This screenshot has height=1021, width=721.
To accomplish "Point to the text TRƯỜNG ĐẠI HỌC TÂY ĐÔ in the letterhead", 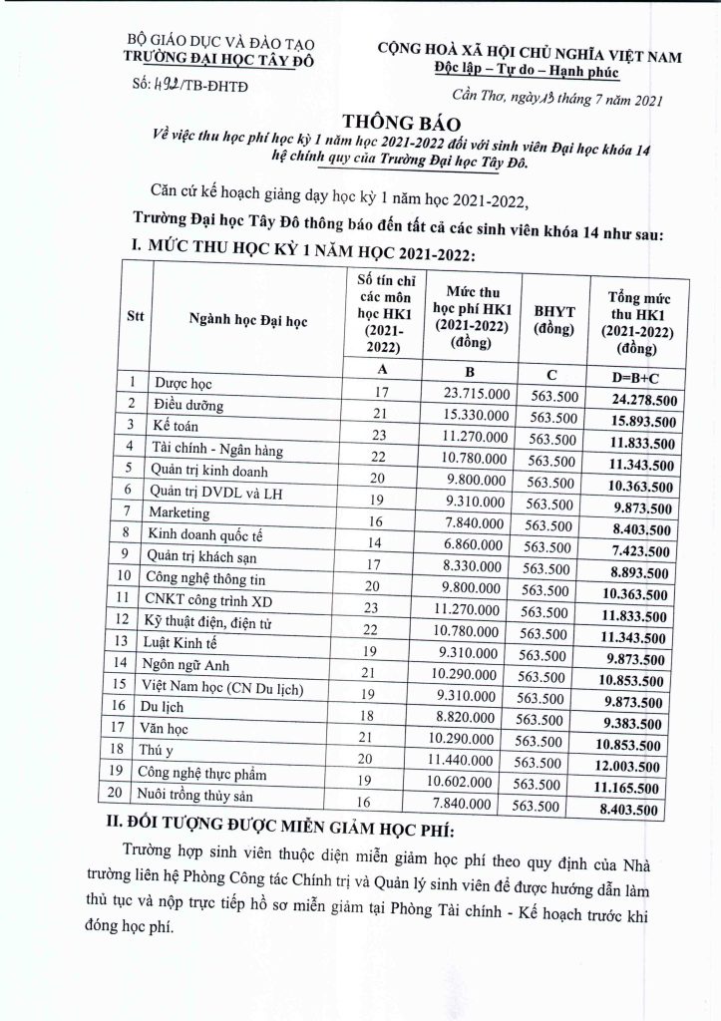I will tap(189, 58).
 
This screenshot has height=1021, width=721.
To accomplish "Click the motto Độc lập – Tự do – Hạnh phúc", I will tap(527, 69).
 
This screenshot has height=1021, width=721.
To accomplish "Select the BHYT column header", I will tap(553, 318).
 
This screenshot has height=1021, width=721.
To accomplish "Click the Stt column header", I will tap(135, 318).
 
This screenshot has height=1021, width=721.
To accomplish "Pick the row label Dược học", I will tap(185, 382).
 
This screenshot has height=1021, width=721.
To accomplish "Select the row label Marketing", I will tap(180, 513).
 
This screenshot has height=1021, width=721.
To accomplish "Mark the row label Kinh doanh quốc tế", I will tap(204, 534).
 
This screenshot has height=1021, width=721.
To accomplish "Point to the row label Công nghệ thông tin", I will tap(207, 576).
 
